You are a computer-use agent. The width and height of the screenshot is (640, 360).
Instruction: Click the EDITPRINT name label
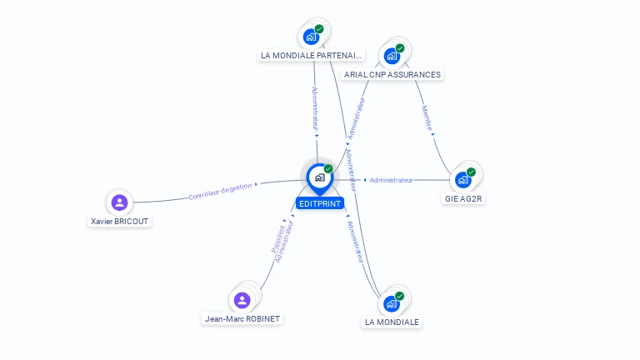pyautogui.click(x=320, y=202)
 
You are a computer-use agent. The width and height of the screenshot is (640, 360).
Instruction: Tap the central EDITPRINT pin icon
pyautogui.click(x=319, y=177)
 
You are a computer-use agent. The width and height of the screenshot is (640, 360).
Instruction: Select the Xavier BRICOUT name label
pyautogui.click(x=121, y=222)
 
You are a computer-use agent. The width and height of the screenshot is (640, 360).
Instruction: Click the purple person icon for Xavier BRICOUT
pyautogui.click(x=120, y=202)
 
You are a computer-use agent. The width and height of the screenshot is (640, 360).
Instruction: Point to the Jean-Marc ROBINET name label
pyautogui.click(x=242, y=318)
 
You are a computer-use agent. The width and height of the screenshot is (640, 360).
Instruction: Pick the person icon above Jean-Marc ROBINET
pyautogui.click(x=242, y=300)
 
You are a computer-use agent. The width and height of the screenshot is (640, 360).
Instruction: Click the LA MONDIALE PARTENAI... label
pyautogui.click(x=312, y=56)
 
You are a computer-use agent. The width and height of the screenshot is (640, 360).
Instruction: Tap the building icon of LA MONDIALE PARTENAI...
pyautogui.click(x=312, y=37)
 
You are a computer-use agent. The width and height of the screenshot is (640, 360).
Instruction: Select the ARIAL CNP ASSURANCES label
pyautogui.click(x=392, y=74)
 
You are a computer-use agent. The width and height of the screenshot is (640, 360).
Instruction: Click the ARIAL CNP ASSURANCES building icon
pyautogui.click(x=392, y=57)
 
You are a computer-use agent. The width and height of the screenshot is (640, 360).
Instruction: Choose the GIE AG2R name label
pyautogui.click(x=464, y=199)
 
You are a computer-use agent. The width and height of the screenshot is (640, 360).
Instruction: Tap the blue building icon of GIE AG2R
pyautogui.click(x=463, y=180)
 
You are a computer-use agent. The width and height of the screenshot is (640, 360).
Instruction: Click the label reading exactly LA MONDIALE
pyautogui.click(x=392, y=322)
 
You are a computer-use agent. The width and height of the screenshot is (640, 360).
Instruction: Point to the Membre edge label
pyautogui.click(x=427, y=118)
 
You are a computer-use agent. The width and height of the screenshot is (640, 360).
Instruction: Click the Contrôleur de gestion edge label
pyautogui.click(x=219, y=192)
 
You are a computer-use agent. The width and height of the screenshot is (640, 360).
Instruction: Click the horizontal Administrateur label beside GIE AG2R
pyautogui.click(x=391, y=180)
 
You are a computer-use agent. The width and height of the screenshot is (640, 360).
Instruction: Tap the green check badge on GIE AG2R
pyautogui.click(x=472, y=172)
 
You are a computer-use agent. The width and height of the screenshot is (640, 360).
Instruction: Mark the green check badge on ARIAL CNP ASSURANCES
pyautogui.click(x=400, y=48)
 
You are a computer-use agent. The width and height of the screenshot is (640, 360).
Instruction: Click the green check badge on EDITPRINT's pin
pyautogui.click(x=328, y=168)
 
